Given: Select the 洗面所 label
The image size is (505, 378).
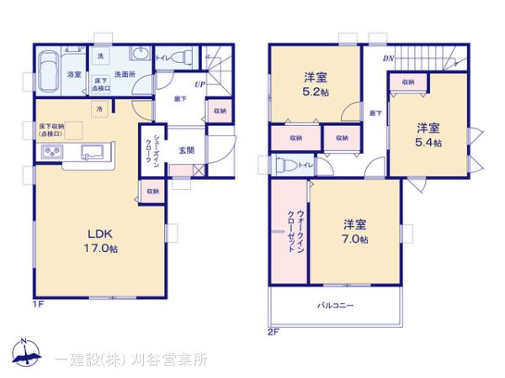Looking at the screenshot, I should point(127,74).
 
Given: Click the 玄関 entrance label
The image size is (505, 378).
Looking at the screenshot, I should point(187,151).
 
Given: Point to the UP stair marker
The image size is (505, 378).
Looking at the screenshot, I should point(199,85).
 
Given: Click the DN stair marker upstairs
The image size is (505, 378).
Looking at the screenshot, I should point(387,58).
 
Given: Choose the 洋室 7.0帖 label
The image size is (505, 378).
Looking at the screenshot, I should point(355,231).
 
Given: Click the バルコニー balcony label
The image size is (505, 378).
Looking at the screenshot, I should point(335,306).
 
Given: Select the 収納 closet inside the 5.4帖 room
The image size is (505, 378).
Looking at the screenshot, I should point(408,81).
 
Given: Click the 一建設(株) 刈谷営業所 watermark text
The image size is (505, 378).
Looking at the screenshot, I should point(132,360).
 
